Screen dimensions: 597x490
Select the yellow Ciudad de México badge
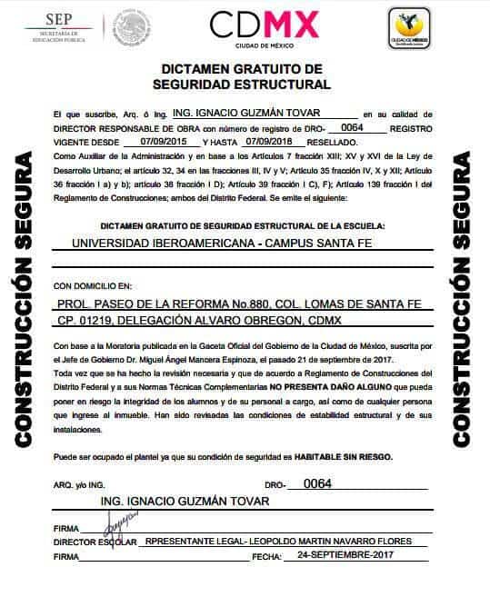(408, 27)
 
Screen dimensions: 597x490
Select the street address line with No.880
(238, 303)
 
